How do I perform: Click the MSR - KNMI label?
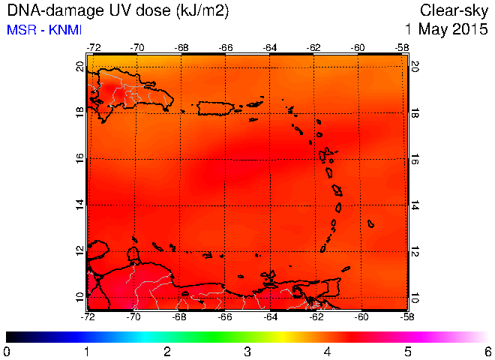pyautogui.click(x=44, y=30)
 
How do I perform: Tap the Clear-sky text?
pyautogui.click(x=454, y=11)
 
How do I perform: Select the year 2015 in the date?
pyautogui.click(x=470, y=29)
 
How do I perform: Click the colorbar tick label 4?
pyautogui.click(x=327, y=352)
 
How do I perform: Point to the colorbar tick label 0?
pyautogui.click(x=6, y=352)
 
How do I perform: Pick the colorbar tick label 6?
pyautogui.click(x=488, y=352)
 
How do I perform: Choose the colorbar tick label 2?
pyautogui.click(x=167, y=352)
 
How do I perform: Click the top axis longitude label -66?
pyautogui.click(x=226, y=48)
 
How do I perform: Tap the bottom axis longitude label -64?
pyautogui.click(x=270, y=316)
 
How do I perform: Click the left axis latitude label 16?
pyautogui.click(x=80, y=158)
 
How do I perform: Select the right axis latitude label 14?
pyautogui.click(x=415, y=205)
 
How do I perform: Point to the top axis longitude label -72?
pyautogui.click(x=94, y=48)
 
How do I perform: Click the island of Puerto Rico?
pyautogui.click(x=215, y=108)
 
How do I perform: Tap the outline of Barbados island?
pyautogui.click(x=370, y=224)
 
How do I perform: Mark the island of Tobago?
pyautogui.click(x=346, y=269)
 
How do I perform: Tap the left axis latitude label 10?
pyautogui.click(x=80, y=297)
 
